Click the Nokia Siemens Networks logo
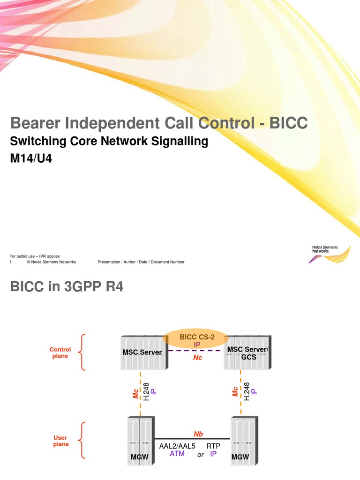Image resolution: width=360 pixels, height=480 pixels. coord(331,254)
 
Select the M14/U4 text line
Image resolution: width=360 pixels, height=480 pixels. coord(30,158)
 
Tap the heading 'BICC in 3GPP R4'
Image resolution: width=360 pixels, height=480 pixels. coord(67,286)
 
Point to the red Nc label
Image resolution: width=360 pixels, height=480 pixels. coord(197,358)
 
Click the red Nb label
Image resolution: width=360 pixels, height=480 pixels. coord(198,434)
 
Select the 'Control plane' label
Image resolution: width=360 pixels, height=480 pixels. coord(60,352)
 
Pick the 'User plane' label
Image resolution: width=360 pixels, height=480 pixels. coord(60,441)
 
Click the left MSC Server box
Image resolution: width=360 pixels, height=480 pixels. coord(141,352)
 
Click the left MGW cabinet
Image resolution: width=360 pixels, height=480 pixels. coord(140,441)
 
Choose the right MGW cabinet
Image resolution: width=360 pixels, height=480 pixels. coord(243,441)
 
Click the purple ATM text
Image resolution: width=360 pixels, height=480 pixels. coord(177,454)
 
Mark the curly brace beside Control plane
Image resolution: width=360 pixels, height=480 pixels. coord(83,352)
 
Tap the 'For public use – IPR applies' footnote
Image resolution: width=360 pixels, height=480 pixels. coord(35,256)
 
